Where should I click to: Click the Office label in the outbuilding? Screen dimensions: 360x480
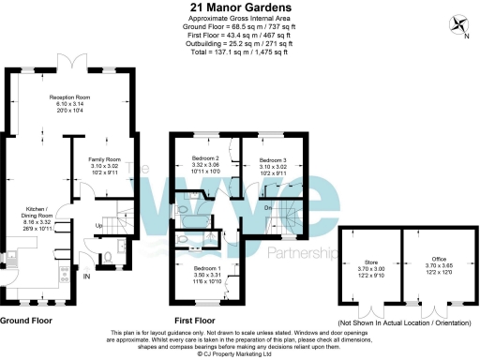point(427,262)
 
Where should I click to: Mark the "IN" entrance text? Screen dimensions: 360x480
point(87,277)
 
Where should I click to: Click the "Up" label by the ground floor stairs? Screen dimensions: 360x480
point(99,226)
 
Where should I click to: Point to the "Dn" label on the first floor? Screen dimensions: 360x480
point(267,207)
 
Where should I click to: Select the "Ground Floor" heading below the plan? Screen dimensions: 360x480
point(26,320)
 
